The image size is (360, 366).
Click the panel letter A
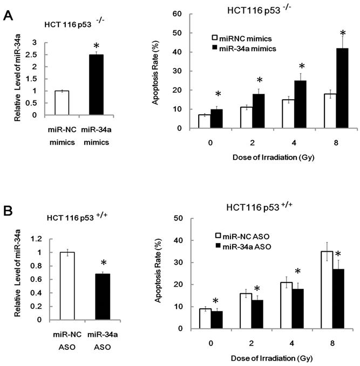[x=9, y=16]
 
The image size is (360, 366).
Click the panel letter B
[x=9, y=209]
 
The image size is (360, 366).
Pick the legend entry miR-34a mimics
[x=248, y=49]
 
